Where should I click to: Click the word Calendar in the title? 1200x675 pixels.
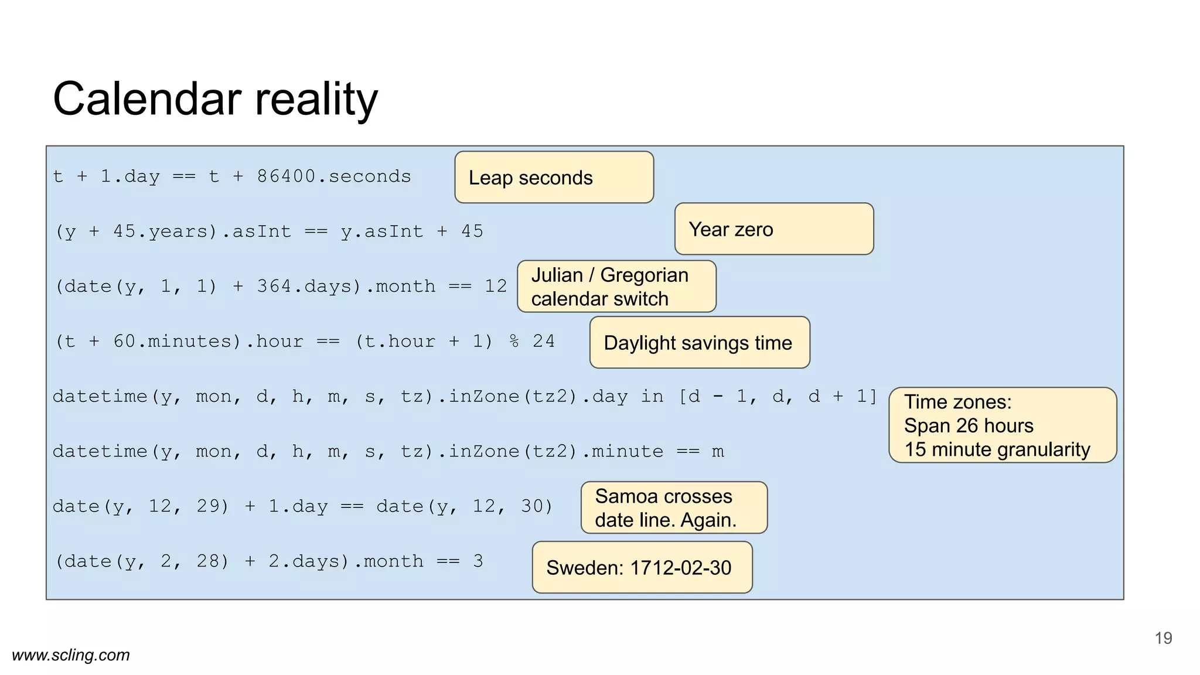click(x=146, y=98)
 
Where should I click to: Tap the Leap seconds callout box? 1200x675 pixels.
click(x=554, y=178)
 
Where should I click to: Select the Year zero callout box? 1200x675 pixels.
click(x=773, y=229)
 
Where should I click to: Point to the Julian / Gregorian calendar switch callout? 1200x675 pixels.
click(x=616, y=287)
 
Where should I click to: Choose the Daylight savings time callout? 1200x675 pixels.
click(x=699, y=343)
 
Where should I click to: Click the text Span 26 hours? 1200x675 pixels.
click(x=968, y=425)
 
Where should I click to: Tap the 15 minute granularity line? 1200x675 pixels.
click(x=996, y=449)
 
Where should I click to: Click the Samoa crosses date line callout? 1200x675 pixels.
click(x=674, y=508)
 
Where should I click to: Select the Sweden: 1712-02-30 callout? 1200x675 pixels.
click(x=642, y=567)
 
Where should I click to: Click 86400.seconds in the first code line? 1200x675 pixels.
click(x=334, y=176)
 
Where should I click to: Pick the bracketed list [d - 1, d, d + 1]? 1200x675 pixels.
click(x=778, y=397)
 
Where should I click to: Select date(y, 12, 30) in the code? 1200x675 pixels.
click(x=464, y=506)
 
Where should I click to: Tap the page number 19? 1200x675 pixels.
click(x=1163, y=638)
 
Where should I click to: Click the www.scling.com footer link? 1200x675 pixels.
click(x=71, y=655)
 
